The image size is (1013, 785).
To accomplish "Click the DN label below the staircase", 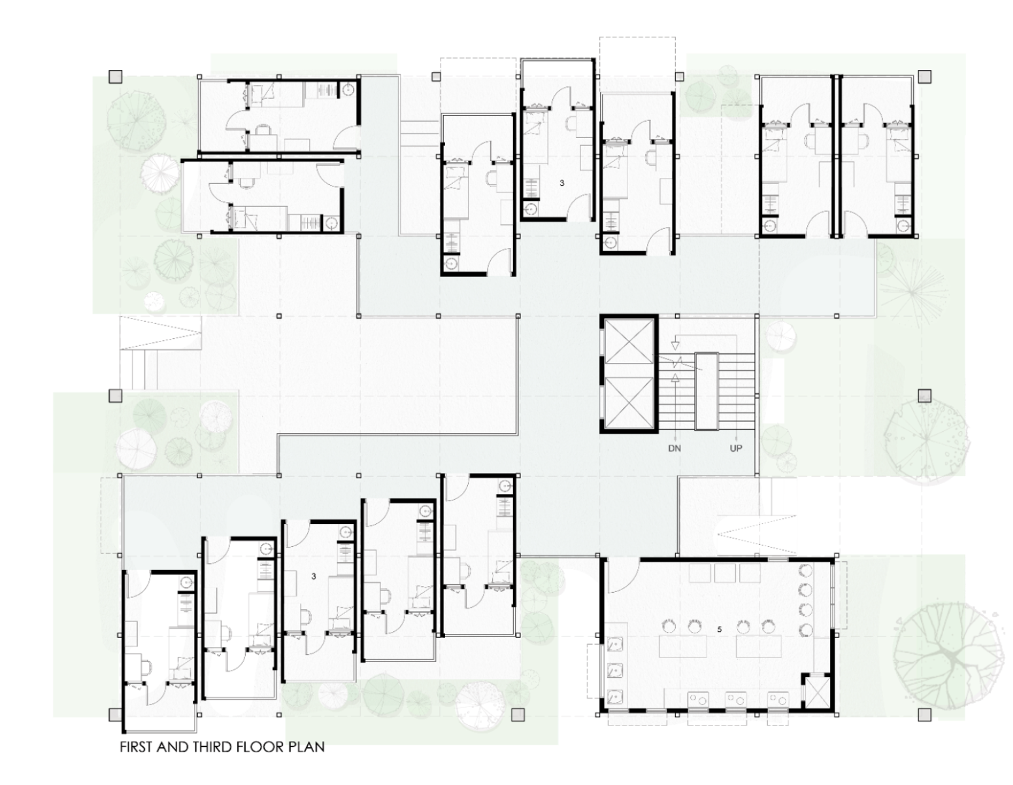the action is coord(674,448).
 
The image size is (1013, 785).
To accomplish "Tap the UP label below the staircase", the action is coord(736,448).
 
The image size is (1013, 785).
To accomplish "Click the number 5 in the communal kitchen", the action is coord(720,629).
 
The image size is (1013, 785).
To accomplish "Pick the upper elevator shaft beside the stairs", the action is coord(631,342).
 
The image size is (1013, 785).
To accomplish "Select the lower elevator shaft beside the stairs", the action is coord(631,400).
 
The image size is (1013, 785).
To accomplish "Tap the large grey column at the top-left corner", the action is coord(115,77).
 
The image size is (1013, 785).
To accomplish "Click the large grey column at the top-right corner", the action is coord(925,77).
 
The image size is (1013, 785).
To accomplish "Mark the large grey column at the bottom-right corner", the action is coord(925,714).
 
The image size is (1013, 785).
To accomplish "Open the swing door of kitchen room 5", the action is coord(623,577).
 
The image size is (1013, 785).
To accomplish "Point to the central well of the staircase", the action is coord(706,391).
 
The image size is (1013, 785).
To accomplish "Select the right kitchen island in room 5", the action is coord(759,646).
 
